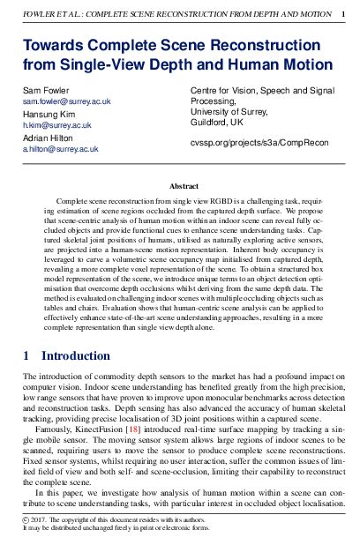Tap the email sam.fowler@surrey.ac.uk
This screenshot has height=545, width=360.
tap(66, 102)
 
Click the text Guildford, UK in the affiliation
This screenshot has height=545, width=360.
tap(219, 122)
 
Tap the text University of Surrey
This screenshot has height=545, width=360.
tap(229, 111)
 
